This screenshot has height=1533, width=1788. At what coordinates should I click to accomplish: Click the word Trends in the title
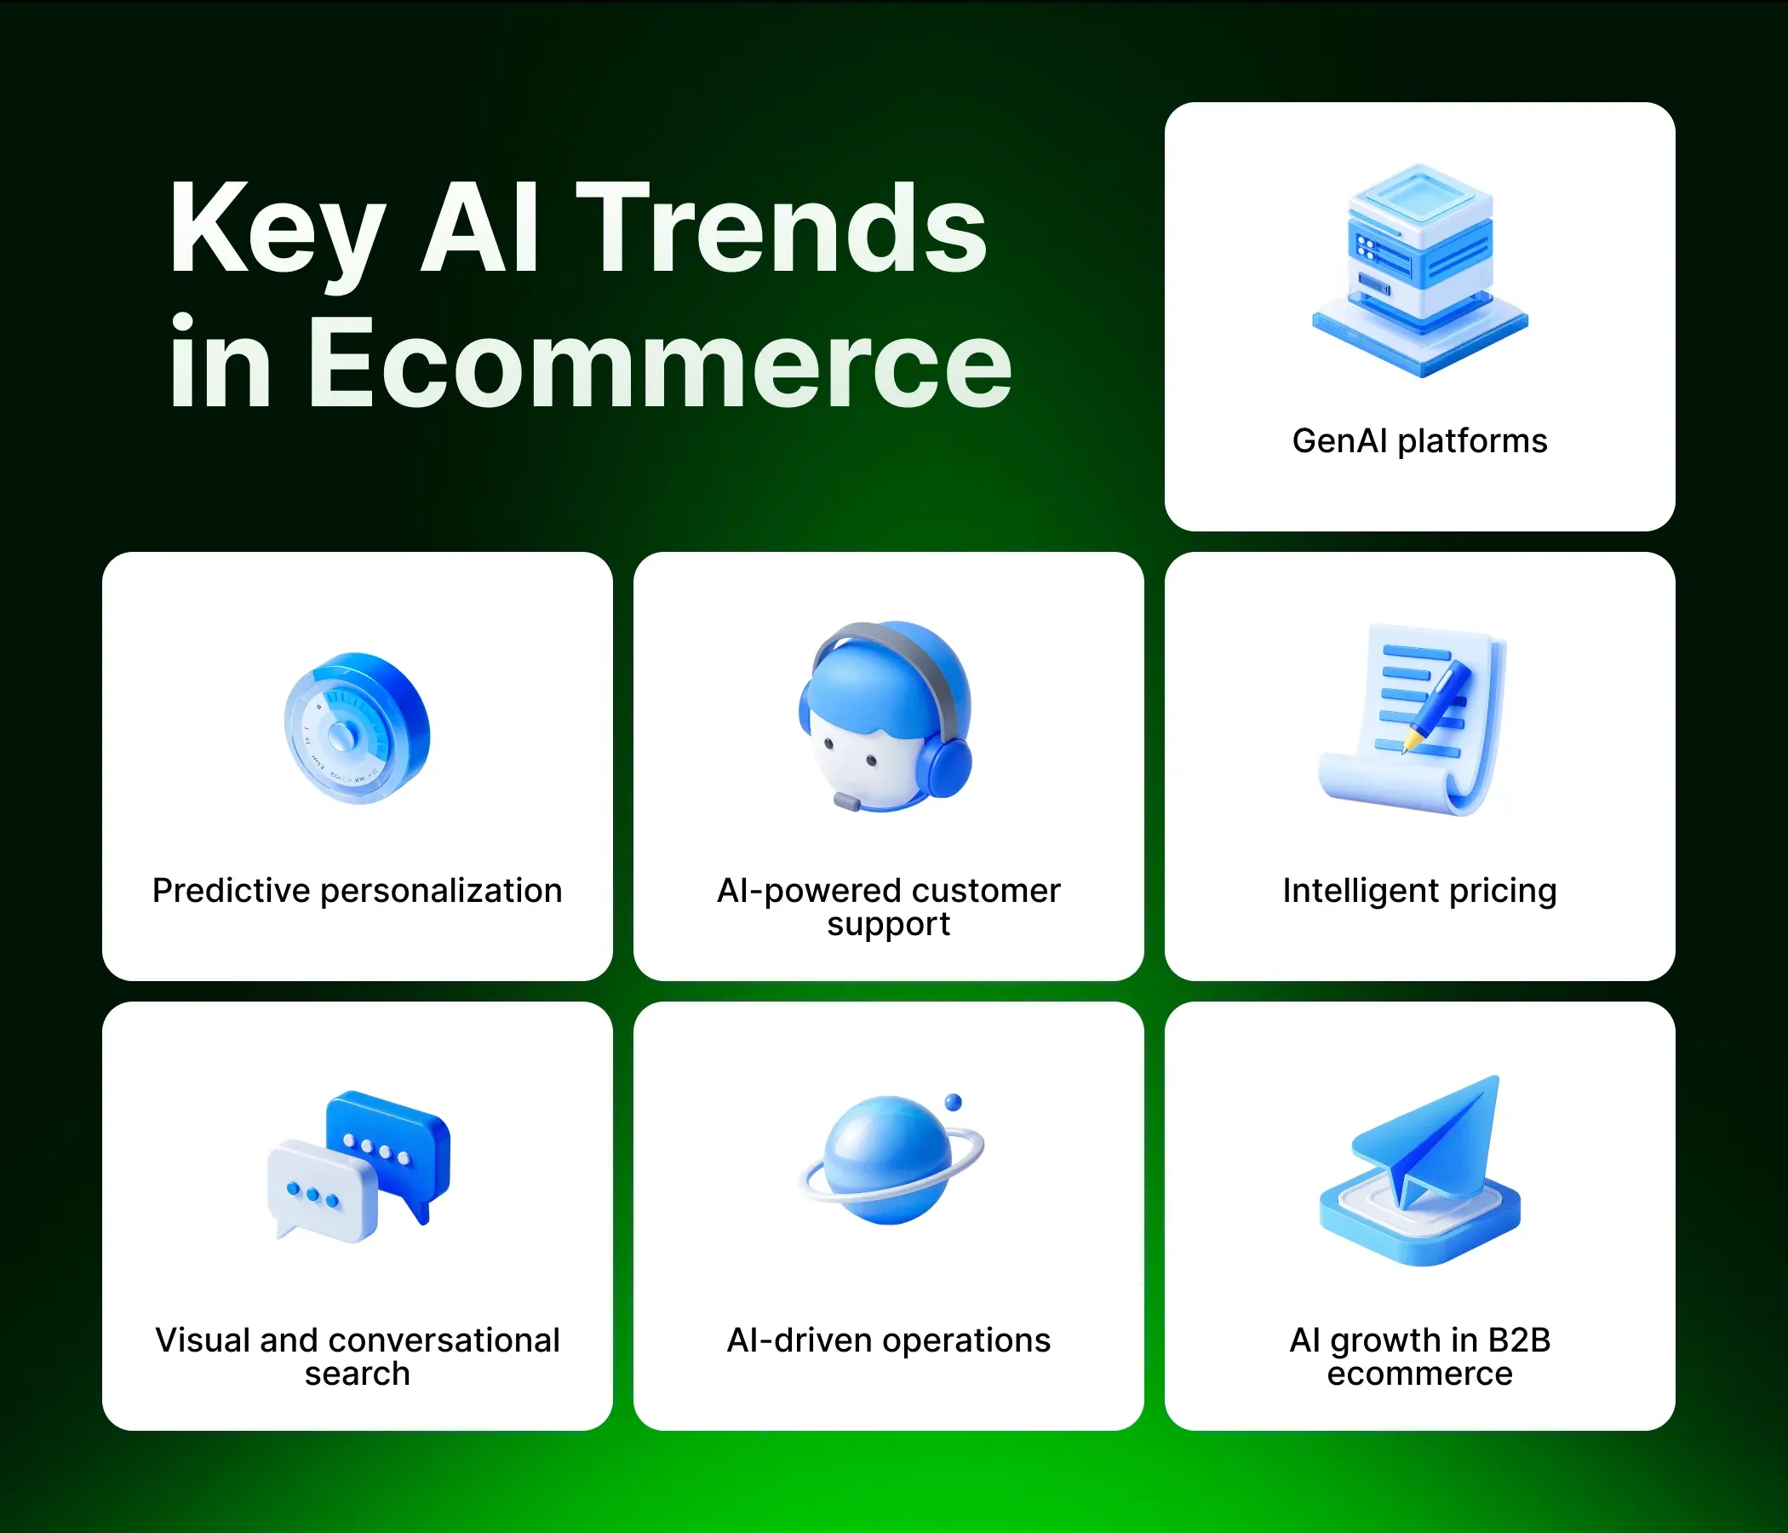781,229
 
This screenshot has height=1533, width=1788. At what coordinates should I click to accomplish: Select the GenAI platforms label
1419,441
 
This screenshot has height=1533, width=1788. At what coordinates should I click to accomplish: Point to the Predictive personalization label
358,891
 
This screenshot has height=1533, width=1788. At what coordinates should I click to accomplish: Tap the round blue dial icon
357,727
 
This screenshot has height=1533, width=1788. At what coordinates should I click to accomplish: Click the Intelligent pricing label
1419,891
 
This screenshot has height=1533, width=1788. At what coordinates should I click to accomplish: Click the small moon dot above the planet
953,1102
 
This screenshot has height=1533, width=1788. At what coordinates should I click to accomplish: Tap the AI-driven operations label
889,1341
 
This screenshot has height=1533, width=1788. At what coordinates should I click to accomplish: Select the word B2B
1519,1341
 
